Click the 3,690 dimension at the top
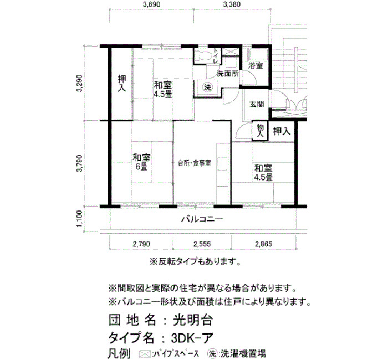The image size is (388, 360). tap(151, 4)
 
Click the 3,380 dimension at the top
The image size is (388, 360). tap(232, 4)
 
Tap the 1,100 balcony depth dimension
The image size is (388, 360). tap(80, 219)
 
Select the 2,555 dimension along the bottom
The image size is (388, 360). tap(202, 244)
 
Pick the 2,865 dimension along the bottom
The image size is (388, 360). tap(264, 244)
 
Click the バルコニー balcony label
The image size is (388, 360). tap(202, 219)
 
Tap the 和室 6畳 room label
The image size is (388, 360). tap(142, 162)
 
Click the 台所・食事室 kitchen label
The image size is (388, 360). tap(195, 163)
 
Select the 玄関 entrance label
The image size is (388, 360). tap(257, 104)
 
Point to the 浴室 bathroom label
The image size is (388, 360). tap(256, 66)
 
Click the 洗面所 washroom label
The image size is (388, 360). tap(228, 74)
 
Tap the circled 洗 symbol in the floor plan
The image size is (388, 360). tap(208, 87)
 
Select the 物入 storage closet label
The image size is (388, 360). tap(260, 131)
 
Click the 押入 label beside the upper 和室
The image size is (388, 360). tap(122, 83)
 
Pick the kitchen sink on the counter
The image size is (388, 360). tap(222, 163)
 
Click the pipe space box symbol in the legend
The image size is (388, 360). tap(145, 353)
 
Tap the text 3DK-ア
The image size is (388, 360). tap(192, 337)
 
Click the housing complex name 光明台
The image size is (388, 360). tap(192, 320)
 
